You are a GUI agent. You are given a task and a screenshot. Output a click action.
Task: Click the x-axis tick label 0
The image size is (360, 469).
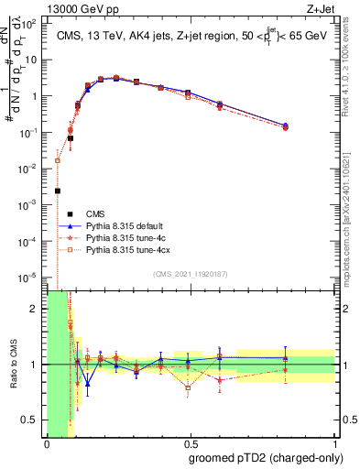[x=47, y=445]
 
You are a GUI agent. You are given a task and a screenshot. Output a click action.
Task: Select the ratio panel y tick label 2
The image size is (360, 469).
[x=36, y=309]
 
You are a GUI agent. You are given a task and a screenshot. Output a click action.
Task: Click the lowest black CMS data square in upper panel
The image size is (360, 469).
[x=58, y=191]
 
